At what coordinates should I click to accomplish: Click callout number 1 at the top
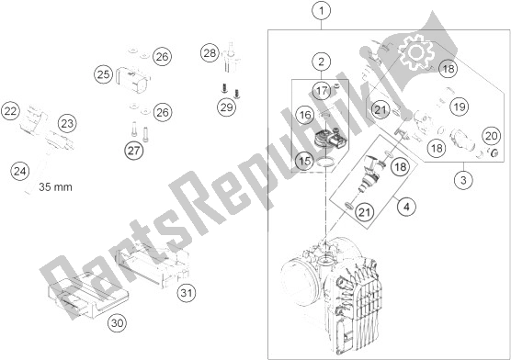tap(322, 11)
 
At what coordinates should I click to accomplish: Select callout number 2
tap(322, 62)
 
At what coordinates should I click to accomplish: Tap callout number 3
tap(463, 180)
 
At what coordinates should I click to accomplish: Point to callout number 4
tap(406, 207)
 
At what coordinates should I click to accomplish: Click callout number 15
tap(305, 161)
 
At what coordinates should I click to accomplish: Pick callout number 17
tap(322, 90)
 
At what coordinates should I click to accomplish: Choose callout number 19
tap(460, 107)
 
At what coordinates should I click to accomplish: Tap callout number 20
tap(492, 136)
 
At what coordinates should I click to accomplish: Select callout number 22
tap(10, 111)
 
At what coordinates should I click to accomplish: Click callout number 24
tap(20, 171)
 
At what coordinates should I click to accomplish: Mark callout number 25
tap(104, 74)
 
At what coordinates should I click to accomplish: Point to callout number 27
tap(133, 151)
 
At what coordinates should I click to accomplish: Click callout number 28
tap(210, 52)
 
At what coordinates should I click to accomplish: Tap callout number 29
tap(227, 107)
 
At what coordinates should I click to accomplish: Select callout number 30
tap(118, 323)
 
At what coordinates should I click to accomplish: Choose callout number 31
tap(187, 293)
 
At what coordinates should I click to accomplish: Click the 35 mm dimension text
tap(55, 187)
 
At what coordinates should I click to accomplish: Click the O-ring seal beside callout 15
tap(325, 163)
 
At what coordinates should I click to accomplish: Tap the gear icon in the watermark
tap(415, 52)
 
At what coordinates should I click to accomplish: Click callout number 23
tap(67, 123)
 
